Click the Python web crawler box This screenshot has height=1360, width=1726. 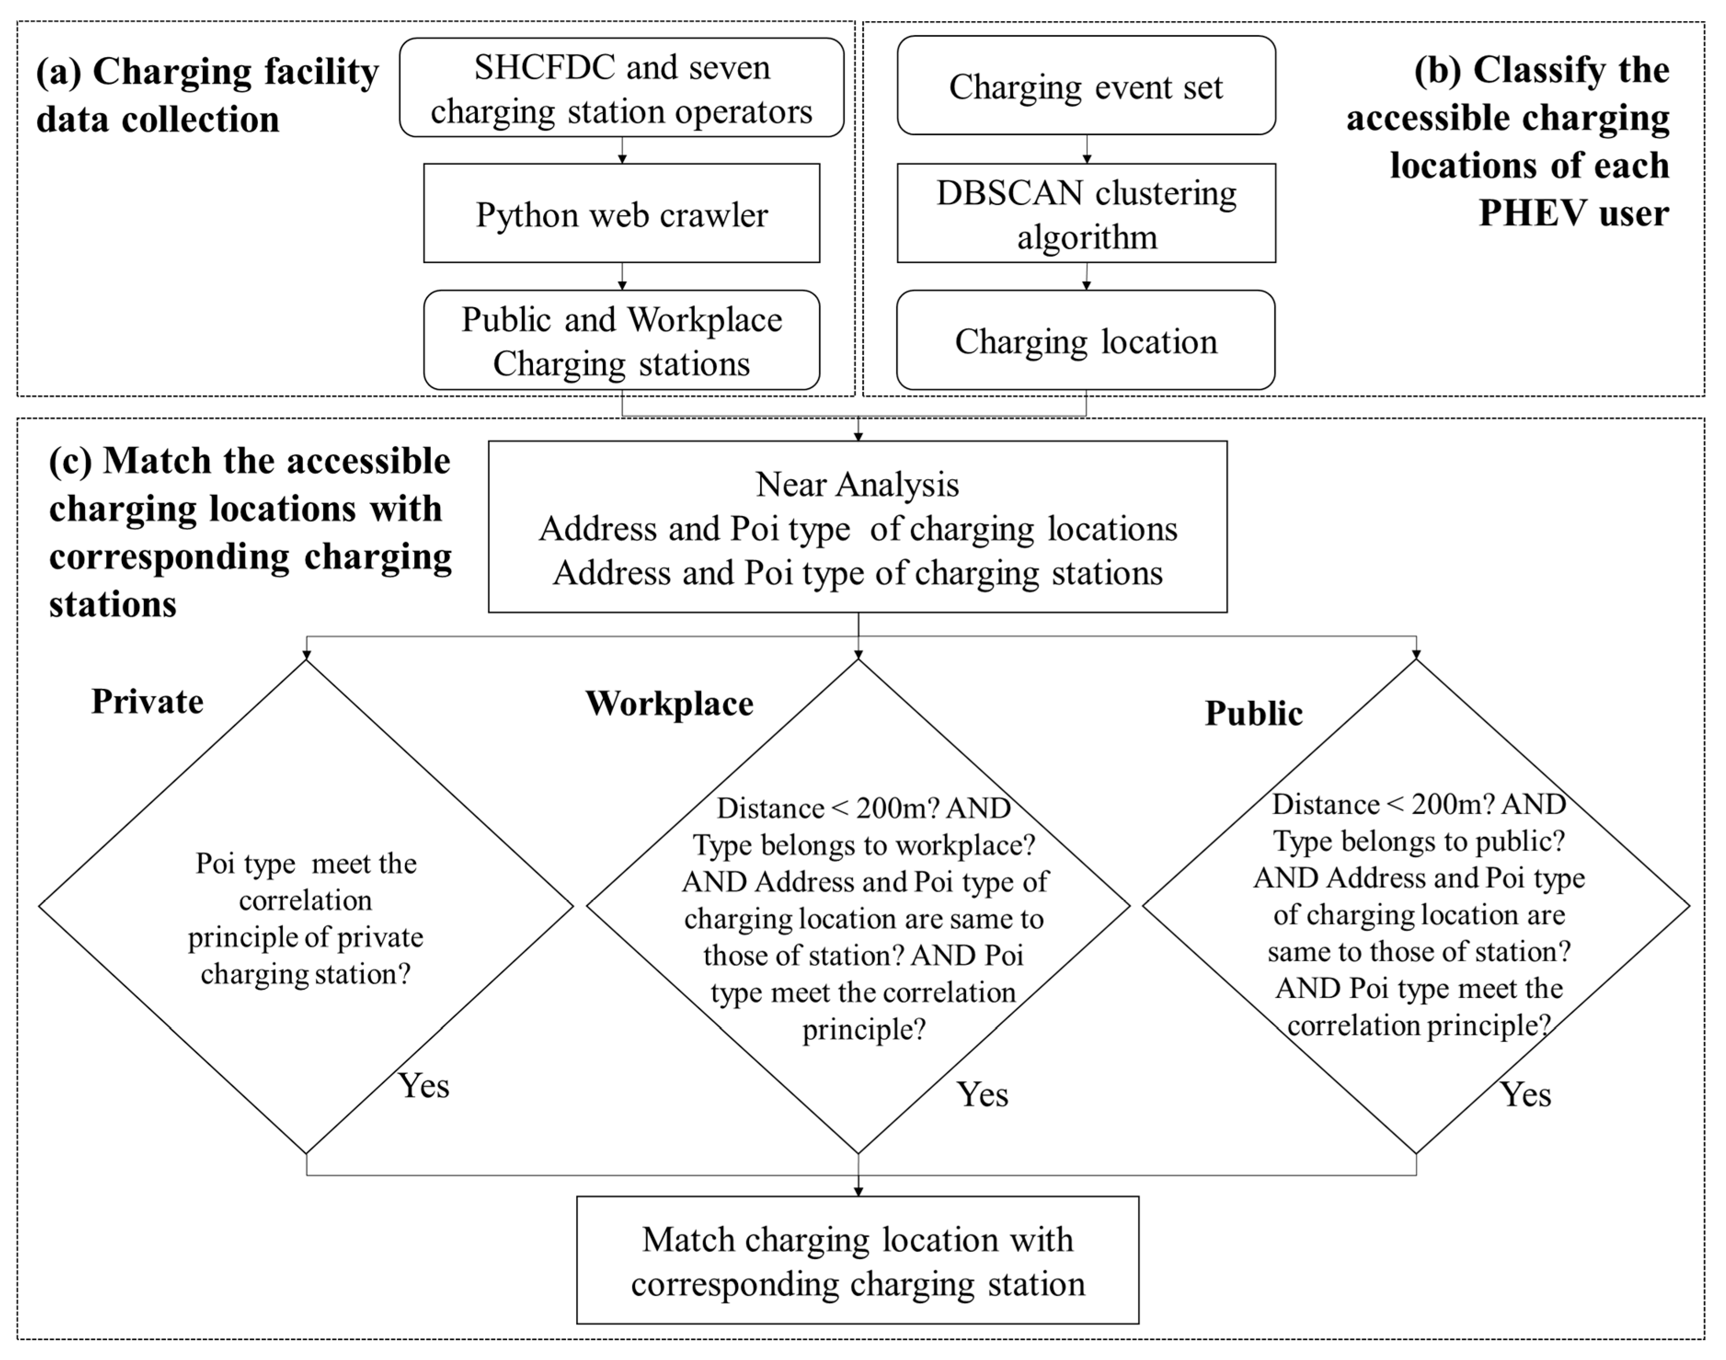tap(621, 213)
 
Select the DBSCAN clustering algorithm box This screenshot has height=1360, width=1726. tap(1086, 213)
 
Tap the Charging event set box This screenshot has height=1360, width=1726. tap(1086, 86)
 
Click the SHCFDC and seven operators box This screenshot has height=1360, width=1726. tap(621, 87)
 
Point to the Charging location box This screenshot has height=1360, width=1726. tap(1086, 341)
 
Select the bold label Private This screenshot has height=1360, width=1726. tap(147, 701)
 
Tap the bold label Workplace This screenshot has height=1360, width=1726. tap(669, 704)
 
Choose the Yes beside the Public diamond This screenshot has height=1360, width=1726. tap(1526, 1094)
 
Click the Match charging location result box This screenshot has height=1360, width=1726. tap(857, 1261)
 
